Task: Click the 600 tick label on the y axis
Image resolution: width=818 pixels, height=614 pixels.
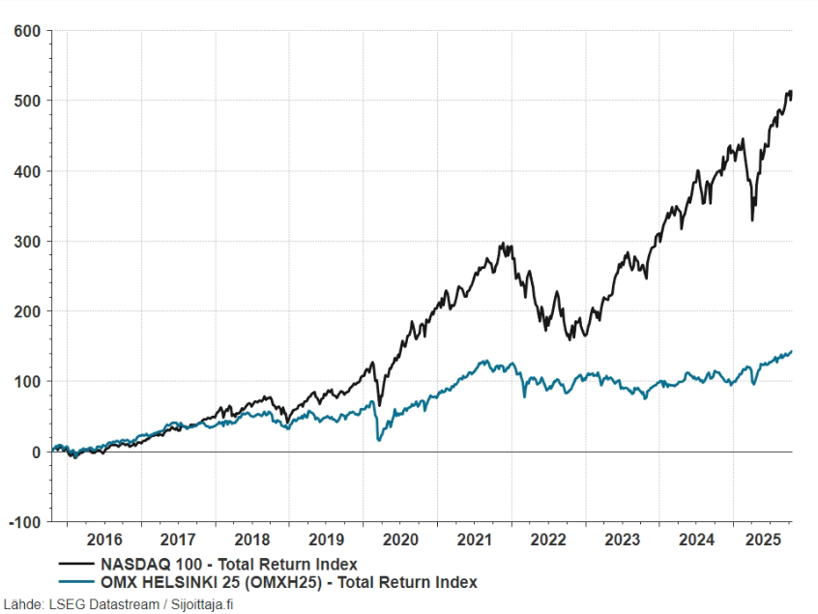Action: click(x=26, y=31)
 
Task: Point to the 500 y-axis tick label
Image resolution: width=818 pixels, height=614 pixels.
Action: click(x=26, y=102)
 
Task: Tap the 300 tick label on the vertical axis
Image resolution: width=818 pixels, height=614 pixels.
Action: click(x=26, y=242)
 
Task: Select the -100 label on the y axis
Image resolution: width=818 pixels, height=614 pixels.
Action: click(x=24, y=522)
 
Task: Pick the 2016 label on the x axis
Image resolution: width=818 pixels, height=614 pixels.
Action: click(x=104, y=540)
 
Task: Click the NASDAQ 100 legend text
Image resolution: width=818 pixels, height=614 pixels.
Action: click(x=230, y=564)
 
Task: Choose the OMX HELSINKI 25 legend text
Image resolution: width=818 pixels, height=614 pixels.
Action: click(x=289, y=582)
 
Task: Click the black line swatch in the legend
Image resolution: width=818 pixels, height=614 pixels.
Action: click(x=76, y=564)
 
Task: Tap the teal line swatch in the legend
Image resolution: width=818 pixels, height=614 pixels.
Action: click(x=76, y=582)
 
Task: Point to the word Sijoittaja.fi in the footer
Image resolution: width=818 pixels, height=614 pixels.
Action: click(x=202, y=604)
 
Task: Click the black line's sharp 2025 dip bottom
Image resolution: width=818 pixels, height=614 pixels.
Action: click(x=752, y=220)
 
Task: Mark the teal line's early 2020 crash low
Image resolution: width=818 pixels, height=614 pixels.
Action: click(x=378, y=440)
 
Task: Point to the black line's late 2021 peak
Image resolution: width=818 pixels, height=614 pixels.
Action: click(x=509, y=244)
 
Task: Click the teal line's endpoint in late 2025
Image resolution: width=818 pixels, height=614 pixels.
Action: click(x=792, y=351)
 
